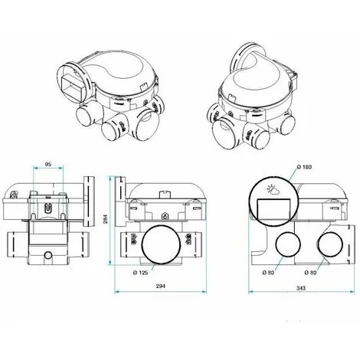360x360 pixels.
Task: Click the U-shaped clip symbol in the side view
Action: click(48, 207)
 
